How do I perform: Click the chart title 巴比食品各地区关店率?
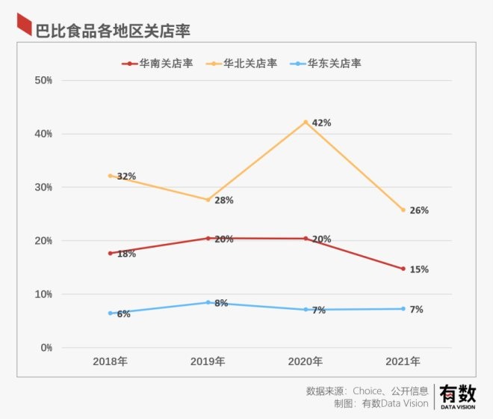112,30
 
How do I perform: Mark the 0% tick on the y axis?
46,348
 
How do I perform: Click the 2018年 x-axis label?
110,361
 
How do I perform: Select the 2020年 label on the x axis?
306,361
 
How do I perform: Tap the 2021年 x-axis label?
403,361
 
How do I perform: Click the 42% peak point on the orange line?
306,122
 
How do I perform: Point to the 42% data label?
321,123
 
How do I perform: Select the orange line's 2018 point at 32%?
110,176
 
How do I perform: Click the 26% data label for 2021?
419,210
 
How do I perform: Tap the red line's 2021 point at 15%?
403,269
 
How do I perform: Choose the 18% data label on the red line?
126,254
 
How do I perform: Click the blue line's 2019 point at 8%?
208,302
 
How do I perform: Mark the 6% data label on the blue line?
123,314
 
